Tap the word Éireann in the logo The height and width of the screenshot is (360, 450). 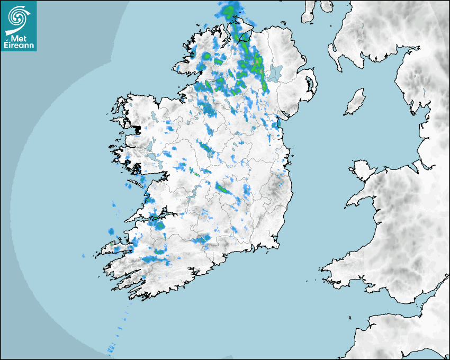coord(19,46)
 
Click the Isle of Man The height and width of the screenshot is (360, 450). coord(355,102)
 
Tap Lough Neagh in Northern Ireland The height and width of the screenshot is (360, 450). coord(275,73)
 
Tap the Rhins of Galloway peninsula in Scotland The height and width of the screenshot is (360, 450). coord(334,53)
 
